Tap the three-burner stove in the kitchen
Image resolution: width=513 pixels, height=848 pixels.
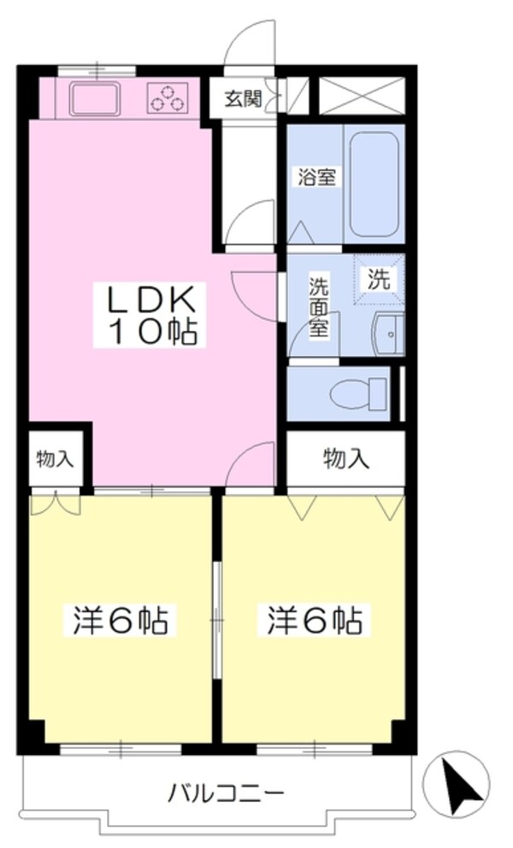(168, 97)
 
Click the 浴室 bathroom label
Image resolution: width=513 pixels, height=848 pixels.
(315, 179)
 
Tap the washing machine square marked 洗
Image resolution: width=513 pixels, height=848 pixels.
(379, 278)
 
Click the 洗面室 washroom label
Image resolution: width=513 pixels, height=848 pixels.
(319, 306)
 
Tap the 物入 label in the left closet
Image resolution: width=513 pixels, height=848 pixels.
(54, 459)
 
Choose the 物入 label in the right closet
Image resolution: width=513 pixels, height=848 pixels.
(345, 459)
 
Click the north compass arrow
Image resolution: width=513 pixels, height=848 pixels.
(466, 783)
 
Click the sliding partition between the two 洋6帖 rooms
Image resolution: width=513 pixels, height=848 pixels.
(217, 615)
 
